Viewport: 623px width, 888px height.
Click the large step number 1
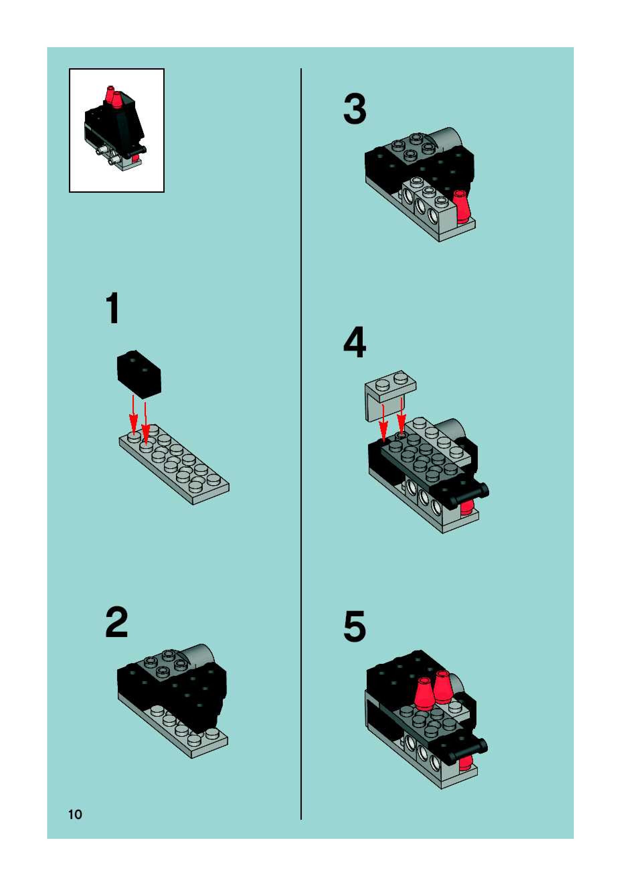click(x=113, y=308)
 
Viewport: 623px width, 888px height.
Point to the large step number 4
click(x=355, y=343)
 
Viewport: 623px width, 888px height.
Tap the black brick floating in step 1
click(x=139, y=374)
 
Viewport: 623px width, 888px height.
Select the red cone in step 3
click(x=462, y=206)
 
